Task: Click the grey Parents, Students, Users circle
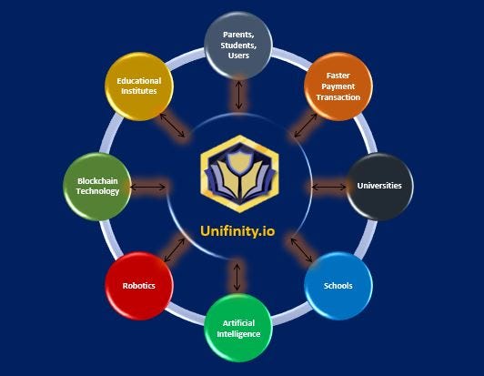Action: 238,46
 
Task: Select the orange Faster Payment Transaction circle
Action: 338,86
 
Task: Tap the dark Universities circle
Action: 379,186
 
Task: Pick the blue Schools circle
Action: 338,286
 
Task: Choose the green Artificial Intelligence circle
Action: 238,328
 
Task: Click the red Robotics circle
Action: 139,286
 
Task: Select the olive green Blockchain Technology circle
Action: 97,187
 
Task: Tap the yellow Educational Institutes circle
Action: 139,86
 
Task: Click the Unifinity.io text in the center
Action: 237,231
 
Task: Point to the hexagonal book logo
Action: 239,174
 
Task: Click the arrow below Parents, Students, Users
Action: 238,96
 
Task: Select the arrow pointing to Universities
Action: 329,187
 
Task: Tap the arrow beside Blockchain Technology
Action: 148,187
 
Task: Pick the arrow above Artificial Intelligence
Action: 237,277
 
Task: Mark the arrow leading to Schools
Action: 301,250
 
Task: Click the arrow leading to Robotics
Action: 174,250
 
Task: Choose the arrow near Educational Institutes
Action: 172,125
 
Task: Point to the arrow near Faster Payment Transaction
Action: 306,125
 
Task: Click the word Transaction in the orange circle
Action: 338,97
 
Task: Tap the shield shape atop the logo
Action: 239,160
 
